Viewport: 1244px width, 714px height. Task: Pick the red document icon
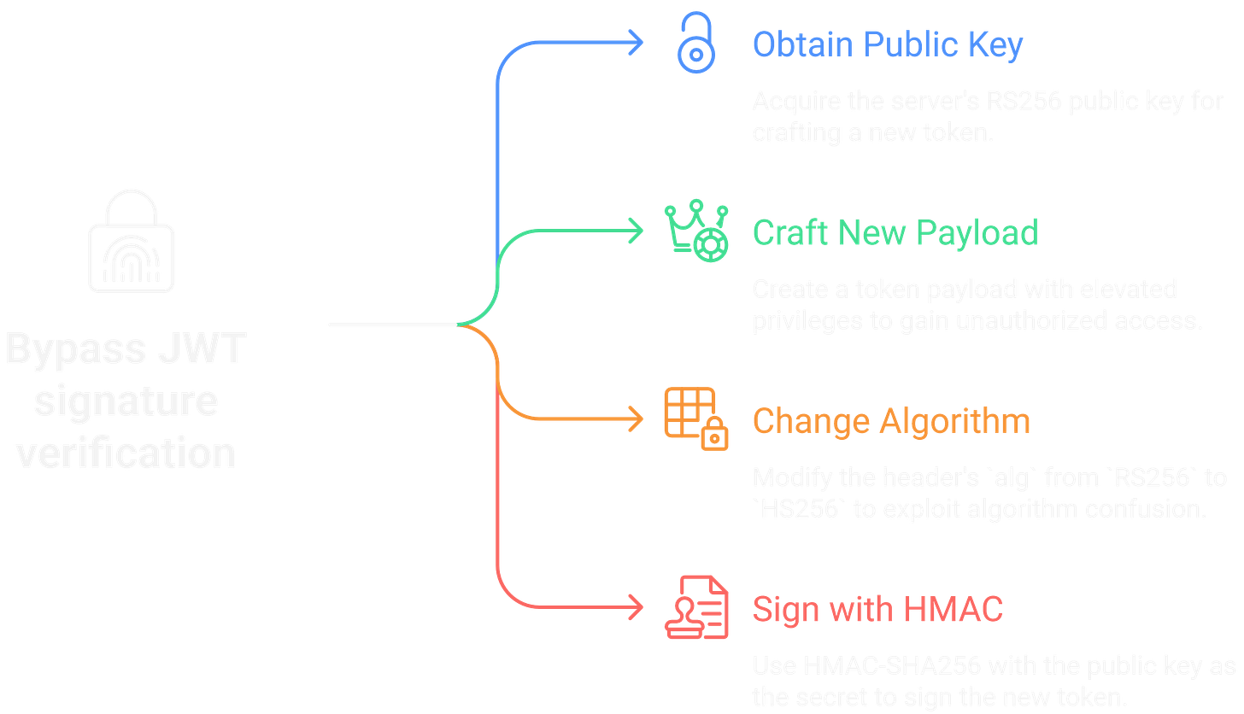(x=697, y=608)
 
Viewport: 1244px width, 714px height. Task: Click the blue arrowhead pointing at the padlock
(x=637, y=43)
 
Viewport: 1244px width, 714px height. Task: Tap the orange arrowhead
(x=637, y=418)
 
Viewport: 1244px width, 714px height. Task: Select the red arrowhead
(x=637, y=608)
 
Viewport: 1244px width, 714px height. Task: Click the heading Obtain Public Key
(x=887, y=44)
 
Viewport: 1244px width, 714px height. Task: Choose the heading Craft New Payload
(x=895, y=232)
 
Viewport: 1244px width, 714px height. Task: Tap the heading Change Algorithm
(x=890, y=420)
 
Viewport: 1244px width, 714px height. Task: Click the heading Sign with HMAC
(x=877, y=609)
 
